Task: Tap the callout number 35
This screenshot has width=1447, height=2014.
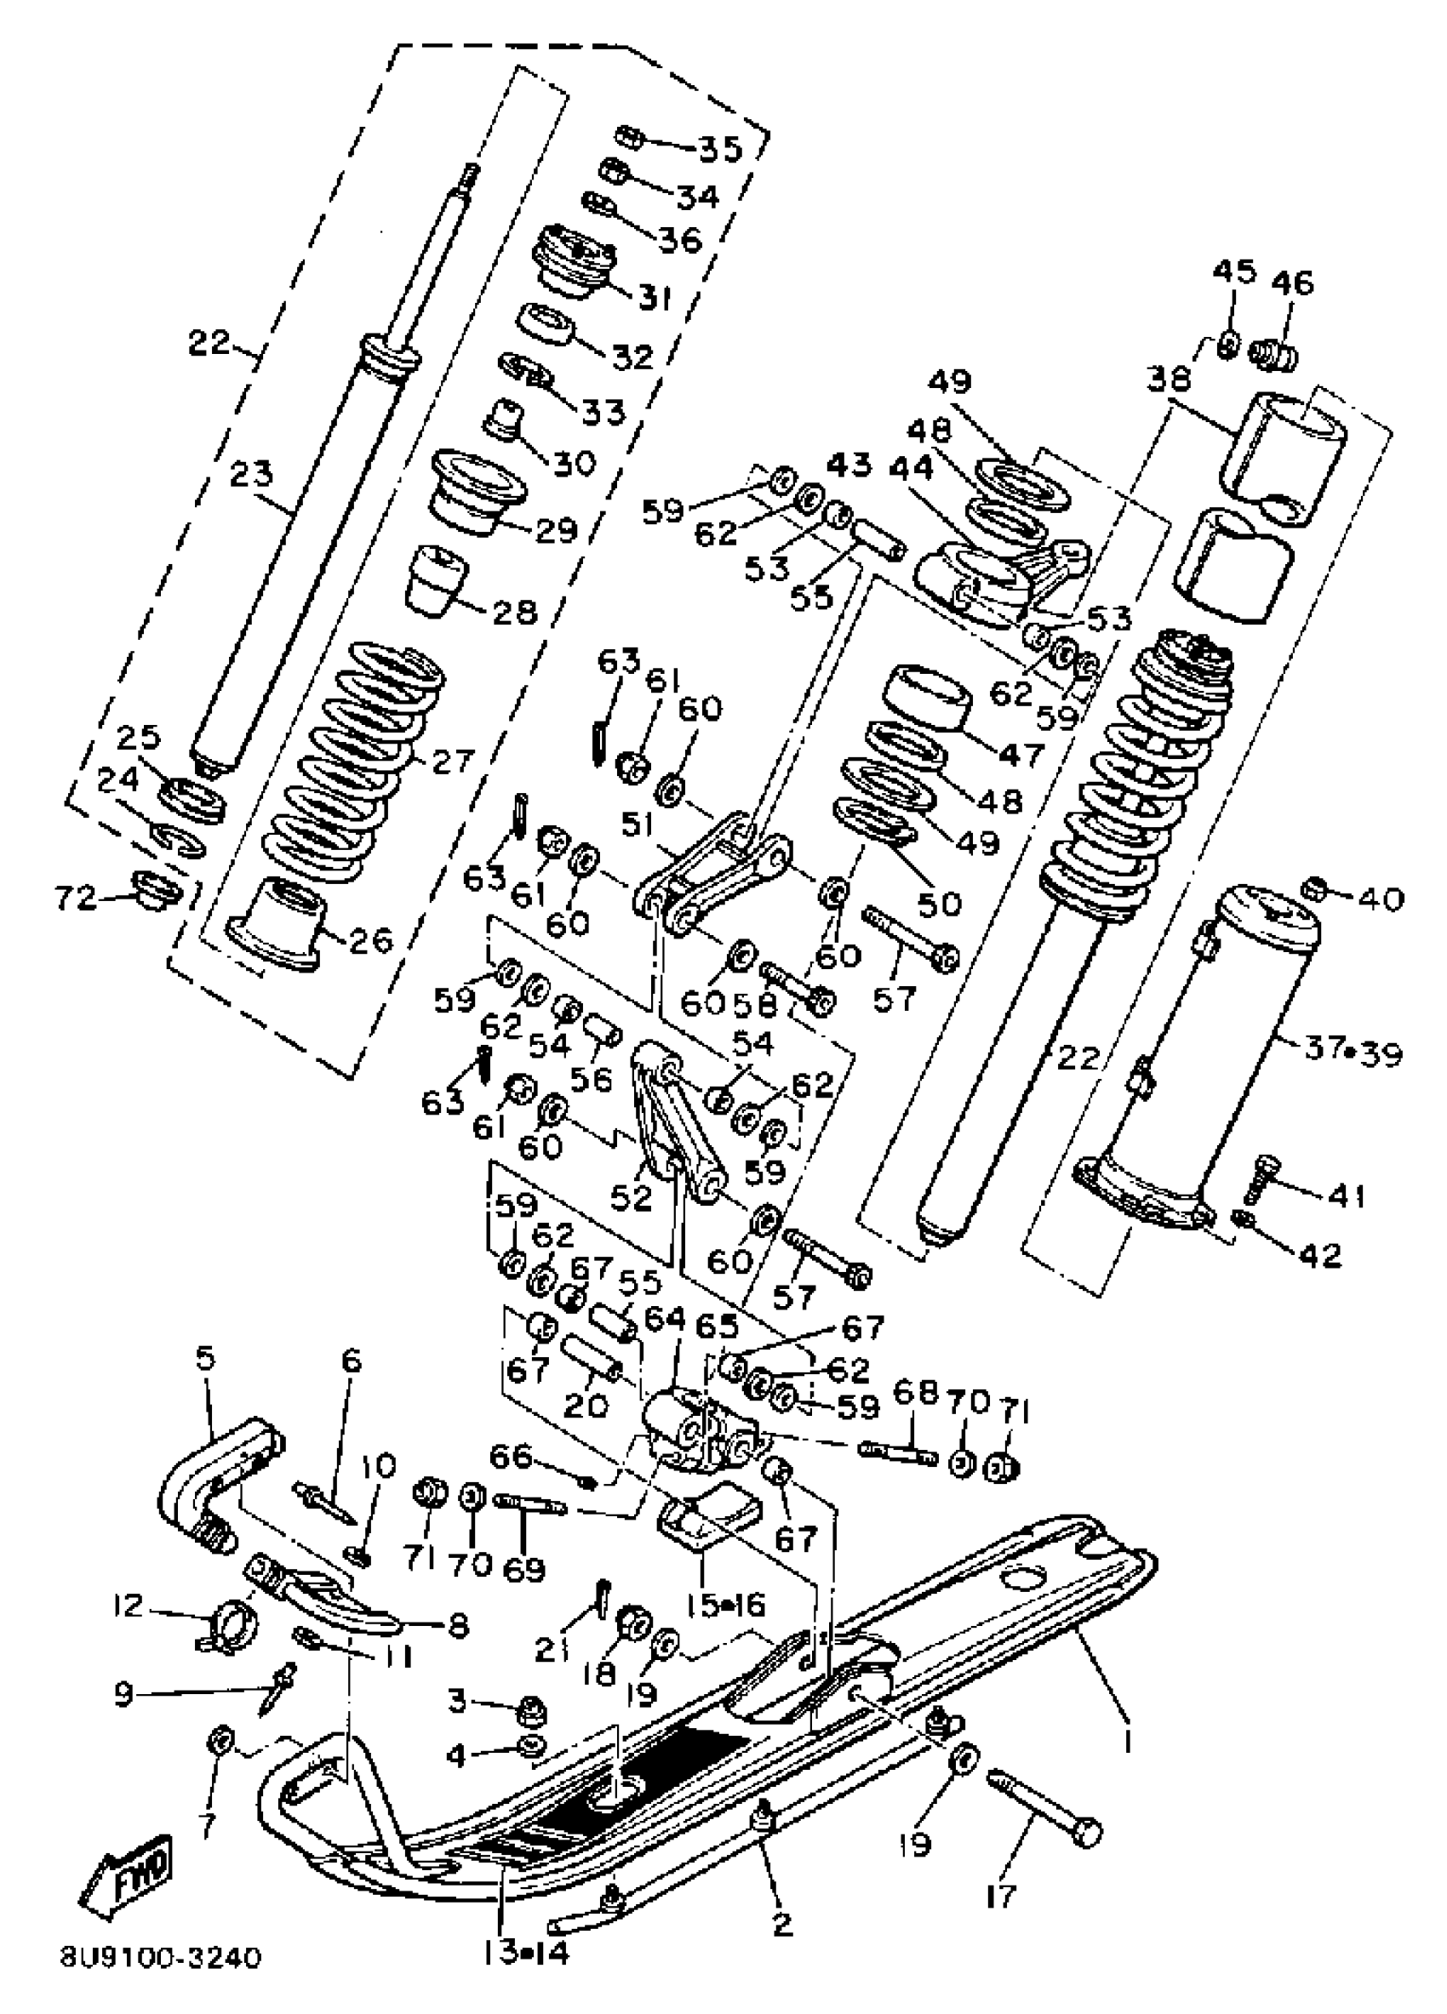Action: coord(718,148)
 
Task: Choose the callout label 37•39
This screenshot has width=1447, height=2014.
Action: coord(1353,1052)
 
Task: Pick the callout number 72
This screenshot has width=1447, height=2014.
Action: coord(75,899)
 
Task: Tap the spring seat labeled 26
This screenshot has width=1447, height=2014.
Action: coord(277,923)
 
